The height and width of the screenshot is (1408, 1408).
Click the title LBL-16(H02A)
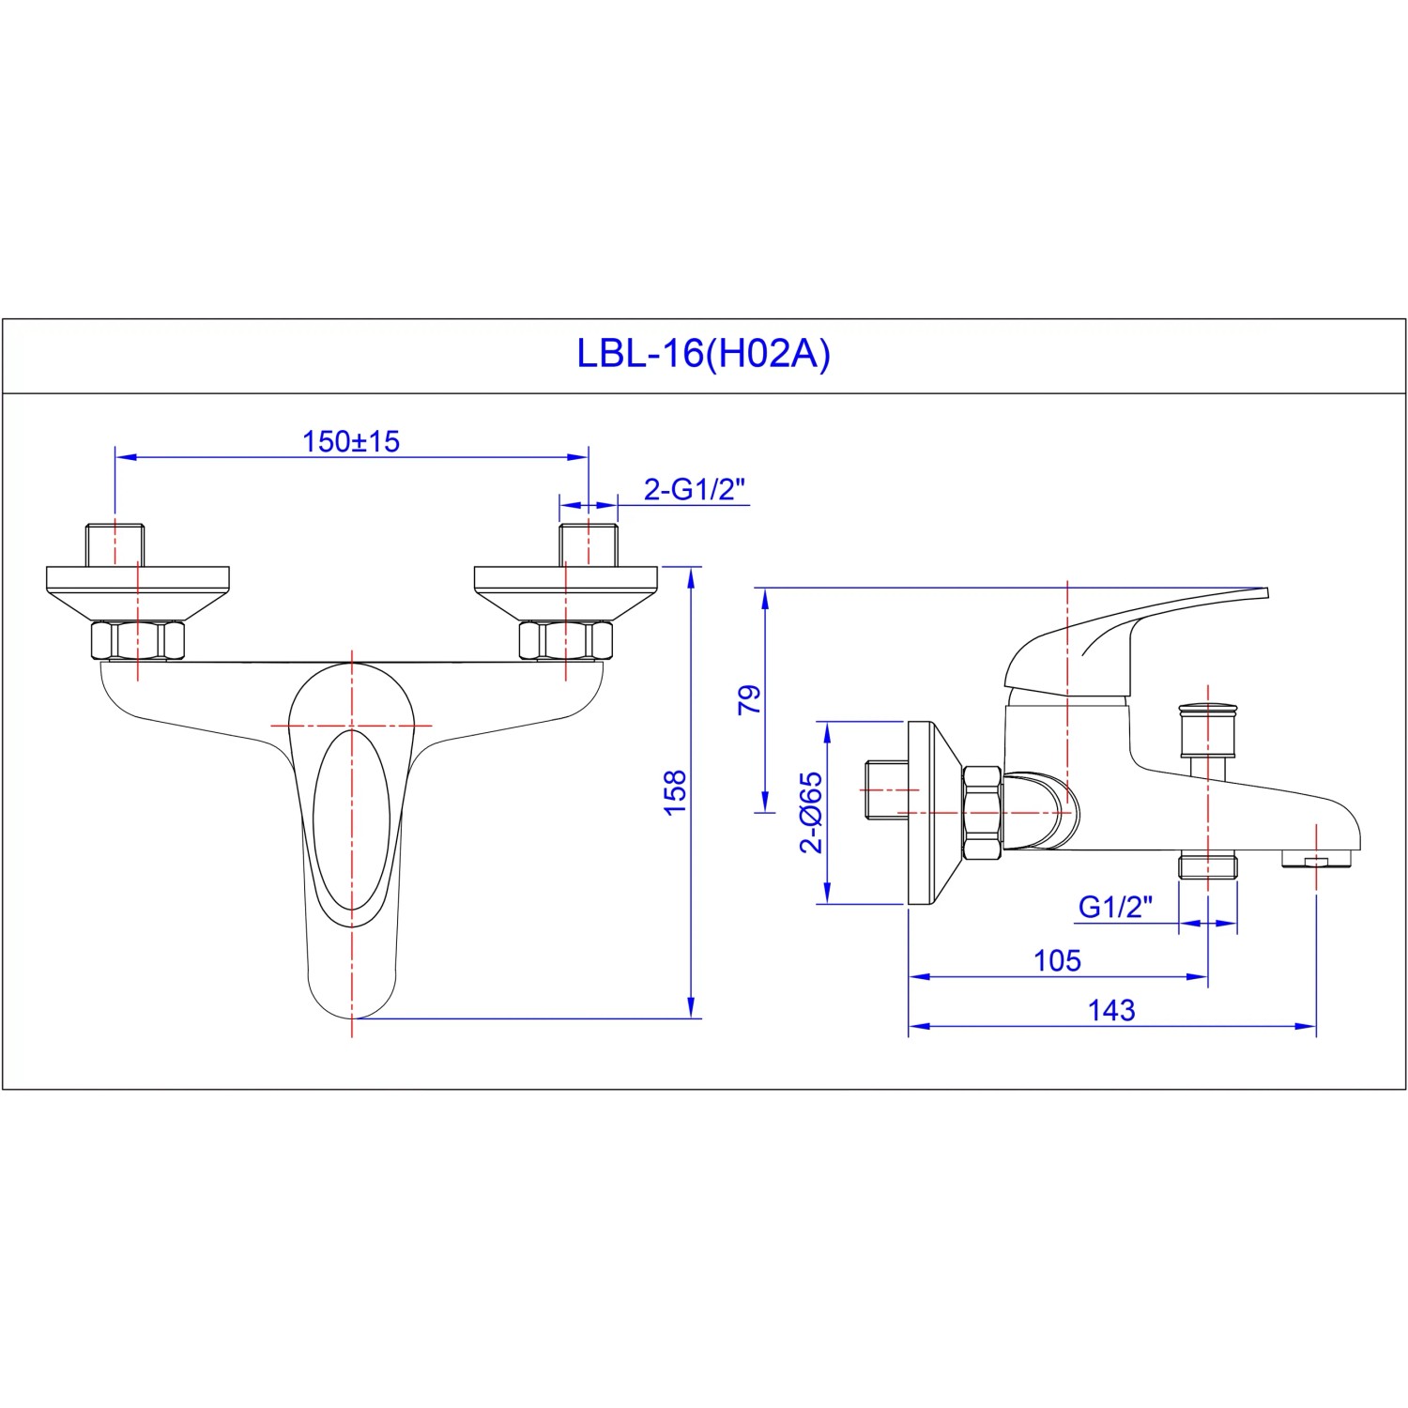tap(703, 355)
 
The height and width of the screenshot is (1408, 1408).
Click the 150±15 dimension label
tap(351, 441)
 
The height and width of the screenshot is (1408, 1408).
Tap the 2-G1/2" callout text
tap(695, 489)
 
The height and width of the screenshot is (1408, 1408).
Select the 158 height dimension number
tap(675, 793)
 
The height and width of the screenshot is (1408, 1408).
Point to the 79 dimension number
tap(749, 700)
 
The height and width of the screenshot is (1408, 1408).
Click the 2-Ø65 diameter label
tap(811, 812)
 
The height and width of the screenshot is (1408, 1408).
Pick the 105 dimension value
tap(1057, 960)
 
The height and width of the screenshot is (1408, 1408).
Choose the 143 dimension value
tap(1111, 1010)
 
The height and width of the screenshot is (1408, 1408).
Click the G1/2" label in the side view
tap(1115, 907)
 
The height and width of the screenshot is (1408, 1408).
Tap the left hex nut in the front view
tap(137, 640)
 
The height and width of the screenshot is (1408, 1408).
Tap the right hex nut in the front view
tap(566, 640)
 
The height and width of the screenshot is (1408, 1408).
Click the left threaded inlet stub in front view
tap(115, 544)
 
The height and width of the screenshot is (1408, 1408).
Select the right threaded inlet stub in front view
tap(589, 544)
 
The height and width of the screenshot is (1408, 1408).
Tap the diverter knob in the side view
tap(1207, 727)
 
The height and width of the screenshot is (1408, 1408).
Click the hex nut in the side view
tap(981, 813)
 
